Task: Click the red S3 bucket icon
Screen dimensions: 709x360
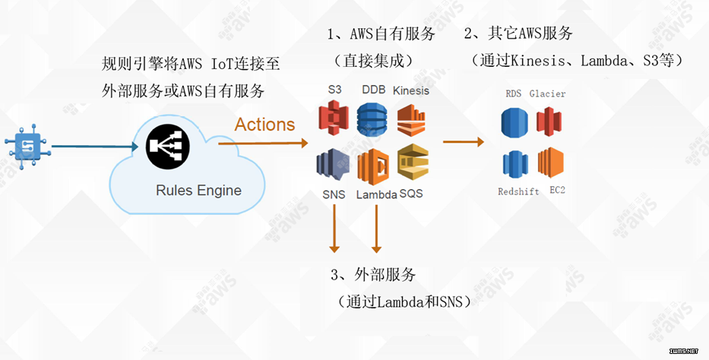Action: pos(334,118)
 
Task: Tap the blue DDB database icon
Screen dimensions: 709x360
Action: pos(372,119)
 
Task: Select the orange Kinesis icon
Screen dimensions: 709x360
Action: pos(411,120)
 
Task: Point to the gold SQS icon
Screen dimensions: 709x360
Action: pos(413,162)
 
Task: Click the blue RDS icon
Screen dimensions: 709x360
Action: pos(514,122)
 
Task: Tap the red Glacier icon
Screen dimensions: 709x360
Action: pos(549,122)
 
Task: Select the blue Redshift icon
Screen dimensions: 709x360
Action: pos(515,164)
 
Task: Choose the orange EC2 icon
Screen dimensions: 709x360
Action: pos(551,163)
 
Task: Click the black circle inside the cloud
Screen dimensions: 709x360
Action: pos(168,146)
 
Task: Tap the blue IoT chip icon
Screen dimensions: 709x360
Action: pos(27,147)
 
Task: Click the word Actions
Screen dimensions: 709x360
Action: pos(264,125)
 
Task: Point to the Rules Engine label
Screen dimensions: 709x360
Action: pos(198,190)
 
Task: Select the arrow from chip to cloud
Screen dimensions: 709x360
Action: pos(94,147)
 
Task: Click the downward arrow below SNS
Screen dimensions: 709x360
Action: pos(334,228)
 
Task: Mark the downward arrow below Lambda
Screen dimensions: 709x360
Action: pos(376,228)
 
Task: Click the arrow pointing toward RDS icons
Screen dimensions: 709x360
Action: pos(464,142)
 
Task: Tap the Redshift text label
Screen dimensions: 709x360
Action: pos(518,191)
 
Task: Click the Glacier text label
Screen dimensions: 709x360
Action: pos(547,93)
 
